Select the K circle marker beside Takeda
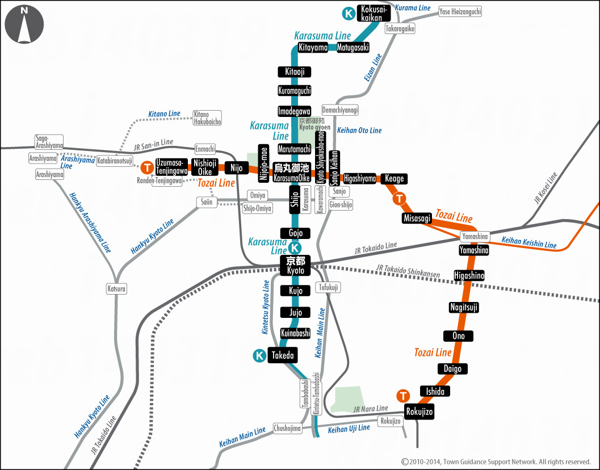[x=259, y=356]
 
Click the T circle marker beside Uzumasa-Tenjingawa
[x=147, y=167]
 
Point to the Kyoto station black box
[x=296, y=266]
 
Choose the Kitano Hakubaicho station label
[x=207, y=118]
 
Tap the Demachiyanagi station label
[x=340, y=110]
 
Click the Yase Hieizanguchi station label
[x=460, y=11]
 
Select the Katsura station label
[x=117, y=289]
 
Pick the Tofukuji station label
[x=328, y=288]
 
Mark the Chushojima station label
[x=287, y=429]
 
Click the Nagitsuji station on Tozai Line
[x=464, y=307]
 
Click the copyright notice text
[x=496, y=462]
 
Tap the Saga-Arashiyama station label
[x=49, y=142]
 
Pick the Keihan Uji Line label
[x=349, y=429]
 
